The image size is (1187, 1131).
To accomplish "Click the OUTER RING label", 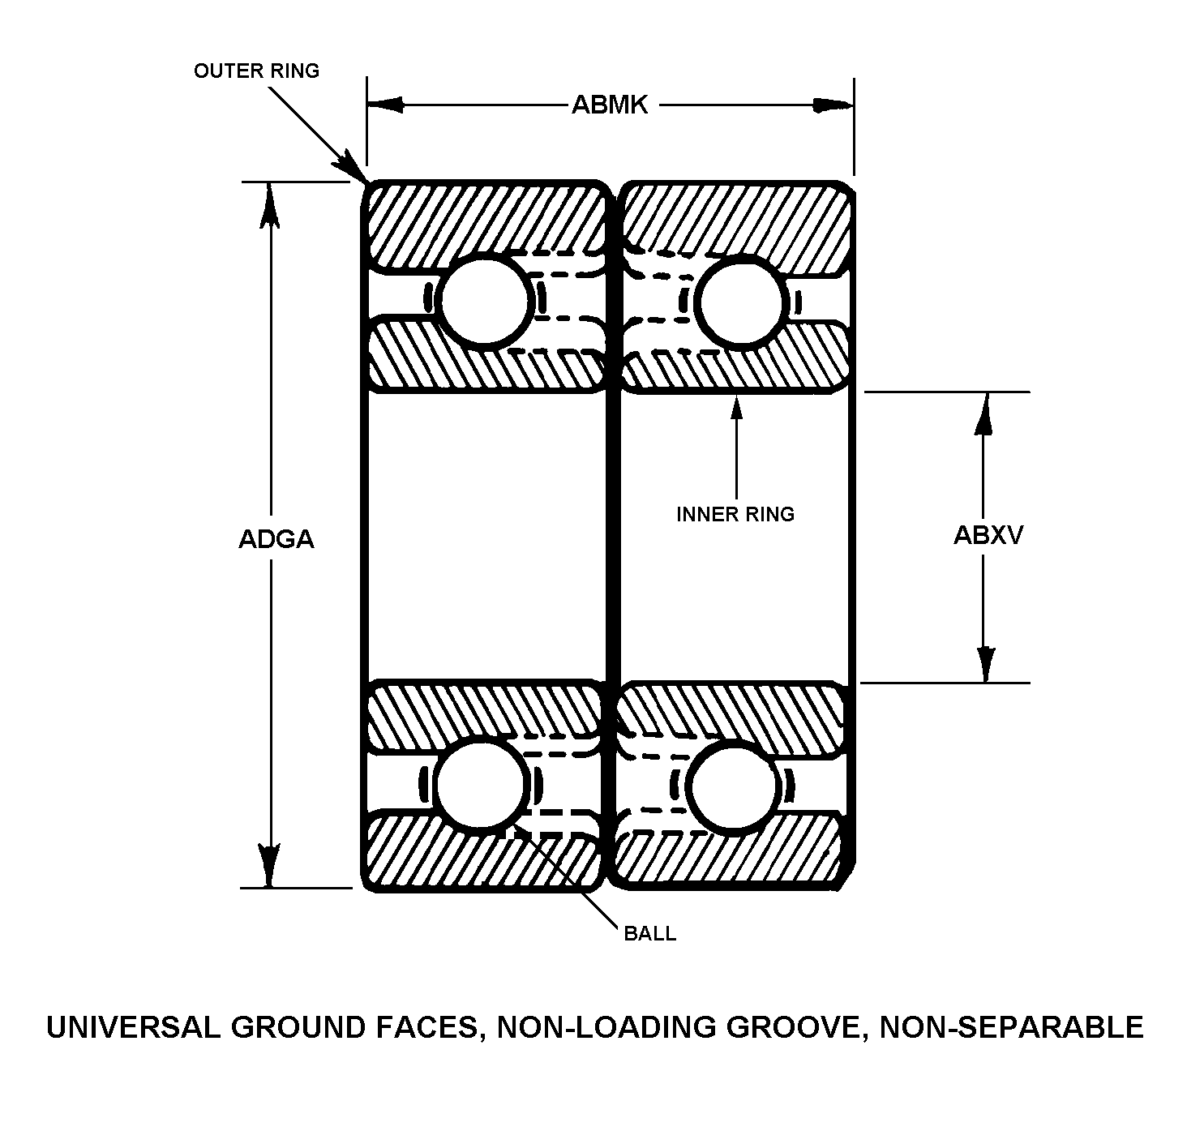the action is point(256,71).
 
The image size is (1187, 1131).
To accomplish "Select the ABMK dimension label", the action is point(609,105).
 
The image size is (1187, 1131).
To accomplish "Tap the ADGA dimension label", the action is point(276,538).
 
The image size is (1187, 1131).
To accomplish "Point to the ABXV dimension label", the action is point(988,535).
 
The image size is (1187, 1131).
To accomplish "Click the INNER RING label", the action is point(735,514).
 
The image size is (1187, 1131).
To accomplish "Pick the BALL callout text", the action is point(649,933).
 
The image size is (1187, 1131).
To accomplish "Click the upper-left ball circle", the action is point(485,301).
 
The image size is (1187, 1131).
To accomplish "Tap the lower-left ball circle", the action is point(481,786).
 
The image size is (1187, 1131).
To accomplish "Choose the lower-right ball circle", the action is point(733,788).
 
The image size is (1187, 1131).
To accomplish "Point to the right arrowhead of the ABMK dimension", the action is point(833,105).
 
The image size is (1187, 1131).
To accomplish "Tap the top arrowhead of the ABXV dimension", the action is point(983,413).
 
